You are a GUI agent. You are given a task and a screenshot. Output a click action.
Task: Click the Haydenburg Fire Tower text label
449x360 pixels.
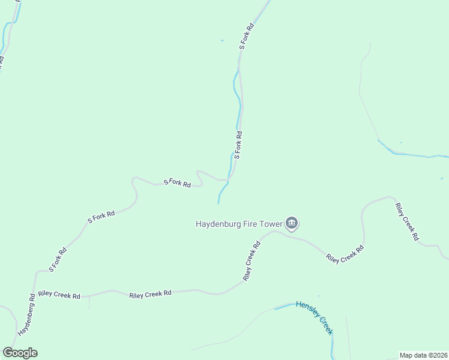(239, 224)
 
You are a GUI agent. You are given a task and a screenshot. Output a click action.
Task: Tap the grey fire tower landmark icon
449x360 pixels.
(292, 224)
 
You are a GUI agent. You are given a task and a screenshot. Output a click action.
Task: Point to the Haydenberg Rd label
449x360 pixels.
(26, 315)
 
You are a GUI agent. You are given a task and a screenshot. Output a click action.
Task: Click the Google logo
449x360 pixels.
(20, 353)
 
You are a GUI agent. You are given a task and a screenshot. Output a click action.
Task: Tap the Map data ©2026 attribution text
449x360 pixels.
(423, 355)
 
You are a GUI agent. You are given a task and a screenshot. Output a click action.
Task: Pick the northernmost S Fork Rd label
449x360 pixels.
(247, 36)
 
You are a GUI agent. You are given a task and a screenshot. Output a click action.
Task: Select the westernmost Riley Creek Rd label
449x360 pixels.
(59, 295)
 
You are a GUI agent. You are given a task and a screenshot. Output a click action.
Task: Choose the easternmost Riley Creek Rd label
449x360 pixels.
(406, 222)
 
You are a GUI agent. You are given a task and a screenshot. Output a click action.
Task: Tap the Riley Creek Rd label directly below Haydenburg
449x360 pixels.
(252, 261)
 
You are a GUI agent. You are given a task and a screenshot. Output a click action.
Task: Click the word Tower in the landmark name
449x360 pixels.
(271, 224)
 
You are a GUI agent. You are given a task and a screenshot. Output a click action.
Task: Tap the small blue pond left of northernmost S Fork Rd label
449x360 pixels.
(222, 40)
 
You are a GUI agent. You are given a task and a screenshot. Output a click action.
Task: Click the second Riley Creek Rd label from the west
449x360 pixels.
(150, 293)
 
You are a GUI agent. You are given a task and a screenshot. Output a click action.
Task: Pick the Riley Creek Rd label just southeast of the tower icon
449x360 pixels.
(345, 254)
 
